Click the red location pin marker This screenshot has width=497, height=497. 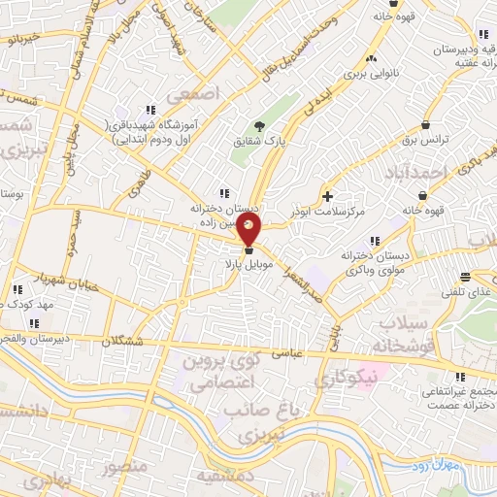point(249,230)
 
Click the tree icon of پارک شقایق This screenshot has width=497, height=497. point(258,126)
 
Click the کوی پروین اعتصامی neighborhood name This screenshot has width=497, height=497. point(224,368)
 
